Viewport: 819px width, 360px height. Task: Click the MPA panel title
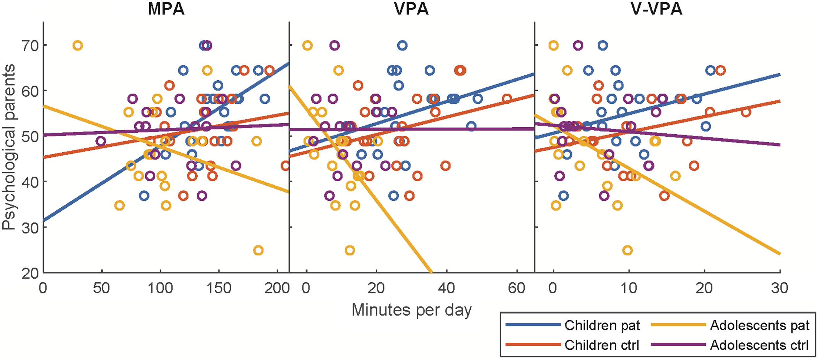click(x=166, y=9)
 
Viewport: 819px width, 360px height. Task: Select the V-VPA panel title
click(x=657, y=9)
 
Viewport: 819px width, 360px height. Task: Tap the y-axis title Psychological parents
click(x=9, y=147)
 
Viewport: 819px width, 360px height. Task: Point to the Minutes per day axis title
click(x=411, y=310)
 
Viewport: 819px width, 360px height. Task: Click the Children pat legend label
click(x=602, y=325)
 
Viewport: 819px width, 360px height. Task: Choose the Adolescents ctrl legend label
click(x=759, y=345)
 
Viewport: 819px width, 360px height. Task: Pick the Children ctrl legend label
click(x=602, y=345)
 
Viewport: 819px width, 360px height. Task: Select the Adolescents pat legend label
click(x=759, y=325)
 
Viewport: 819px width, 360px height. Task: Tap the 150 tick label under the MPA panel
click(x=218, y=289)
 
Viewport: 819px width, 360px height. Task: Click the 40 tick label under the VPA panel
click(x=446, y=289)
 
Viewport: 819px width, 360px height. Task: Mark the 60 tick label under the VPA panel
click(x=516, y=289)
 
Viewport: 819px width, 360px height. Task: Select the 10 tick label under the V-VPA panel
click(x=629, y=289)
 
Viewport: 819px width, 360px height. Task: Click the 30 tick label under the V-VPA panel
click(x=780, y=289)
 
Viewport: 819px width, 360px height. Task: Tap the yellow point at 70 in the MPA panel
click(x=78, y=45)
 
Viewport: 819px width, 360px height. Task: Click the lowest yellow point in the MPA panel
click(x=259, y=250)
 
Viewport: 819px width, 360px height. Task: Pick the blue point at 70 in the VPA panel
click(x=402, y=45)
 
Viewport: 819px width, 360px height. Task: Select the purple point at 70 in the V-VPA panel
click(x=578, y=45)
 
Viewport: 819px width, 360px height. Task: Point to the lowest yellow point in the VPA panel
click(x=350, y=250)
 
